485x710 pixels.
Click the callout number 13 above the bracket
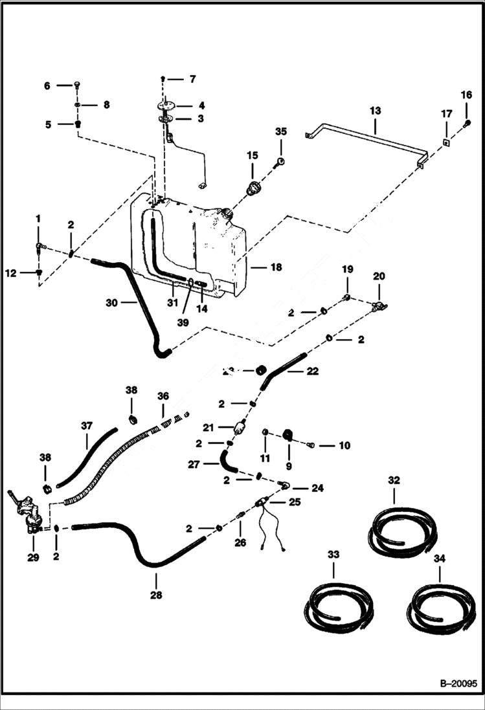376,111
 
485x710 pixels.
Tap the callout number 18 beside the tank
276,267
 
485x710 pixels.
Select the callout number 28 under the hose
156,594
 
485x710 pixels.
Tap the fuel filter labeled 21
240,428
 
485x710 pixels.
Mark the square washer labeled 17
446,142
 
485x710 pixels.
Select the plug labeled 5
77,124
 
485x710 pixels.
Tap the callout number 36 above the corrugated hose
162,395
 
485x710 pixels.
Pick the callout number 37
87,426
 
